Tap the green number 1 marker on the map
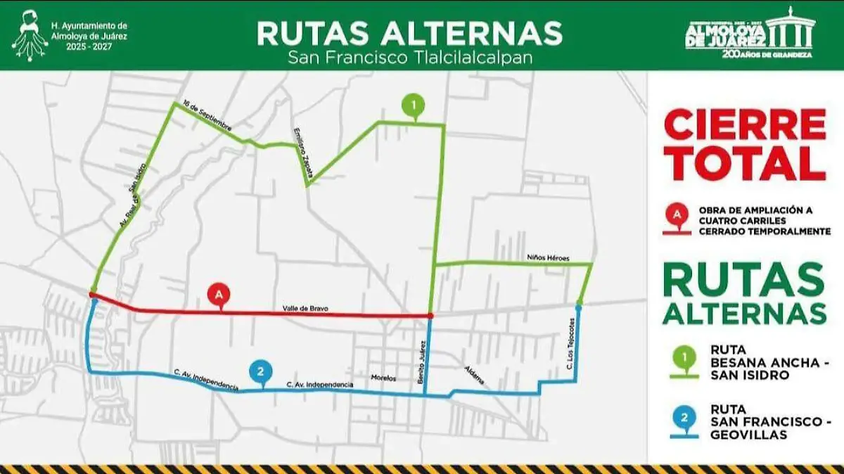point(414,105)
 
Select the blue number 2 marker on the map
point(260,371)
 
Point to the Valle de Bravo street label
point(305,309)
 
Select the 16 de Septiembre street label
point(207,115)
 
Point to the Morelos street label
point(383,378)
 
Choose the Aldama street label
point(474,374)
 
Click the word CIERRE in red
point(744,125)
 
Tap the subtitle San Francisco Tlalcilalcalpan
point(409,58)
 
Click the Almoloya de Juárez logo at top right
point(750,33)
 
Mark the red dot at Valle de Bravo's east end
point(430,316)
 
